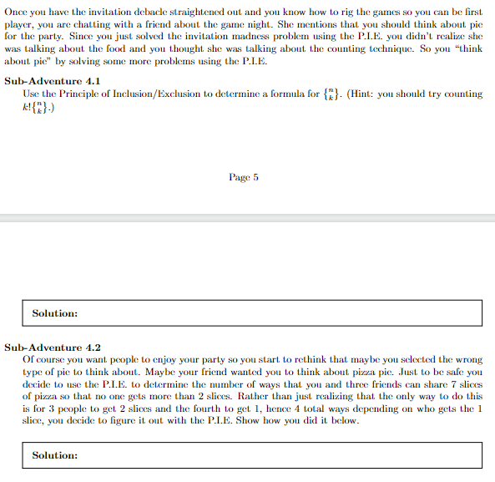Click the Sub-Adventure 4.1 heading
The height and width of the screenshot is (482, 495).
click(53, 82)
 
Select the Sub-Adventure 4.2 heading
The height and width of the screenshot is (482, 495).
click(53, 347)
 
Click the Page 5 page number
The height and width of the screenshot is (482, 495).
click(244, 177)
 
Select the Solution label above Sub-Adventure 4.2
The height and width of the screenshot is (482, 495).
click(55, 313)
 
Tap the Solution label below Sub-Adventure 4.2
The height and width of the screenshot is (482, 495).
click(55, 455)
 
